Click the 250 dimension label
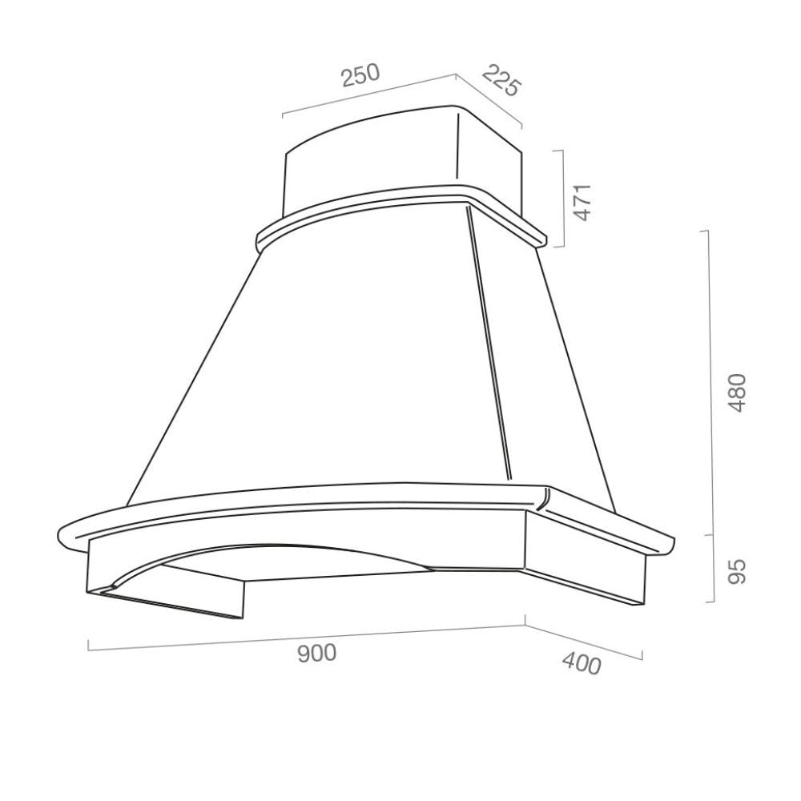tap(360, 75)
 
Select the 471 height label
tap(582, 203)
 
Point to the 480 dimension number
tap(737, 392)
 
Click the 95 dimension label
tap(737, 571)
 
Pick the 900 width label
tap(316, 654)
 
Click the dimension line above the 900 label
tap(307, 638)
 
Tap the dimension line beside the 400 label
tap(584, 642)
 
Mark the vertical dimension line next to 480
tap(708, 383)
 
